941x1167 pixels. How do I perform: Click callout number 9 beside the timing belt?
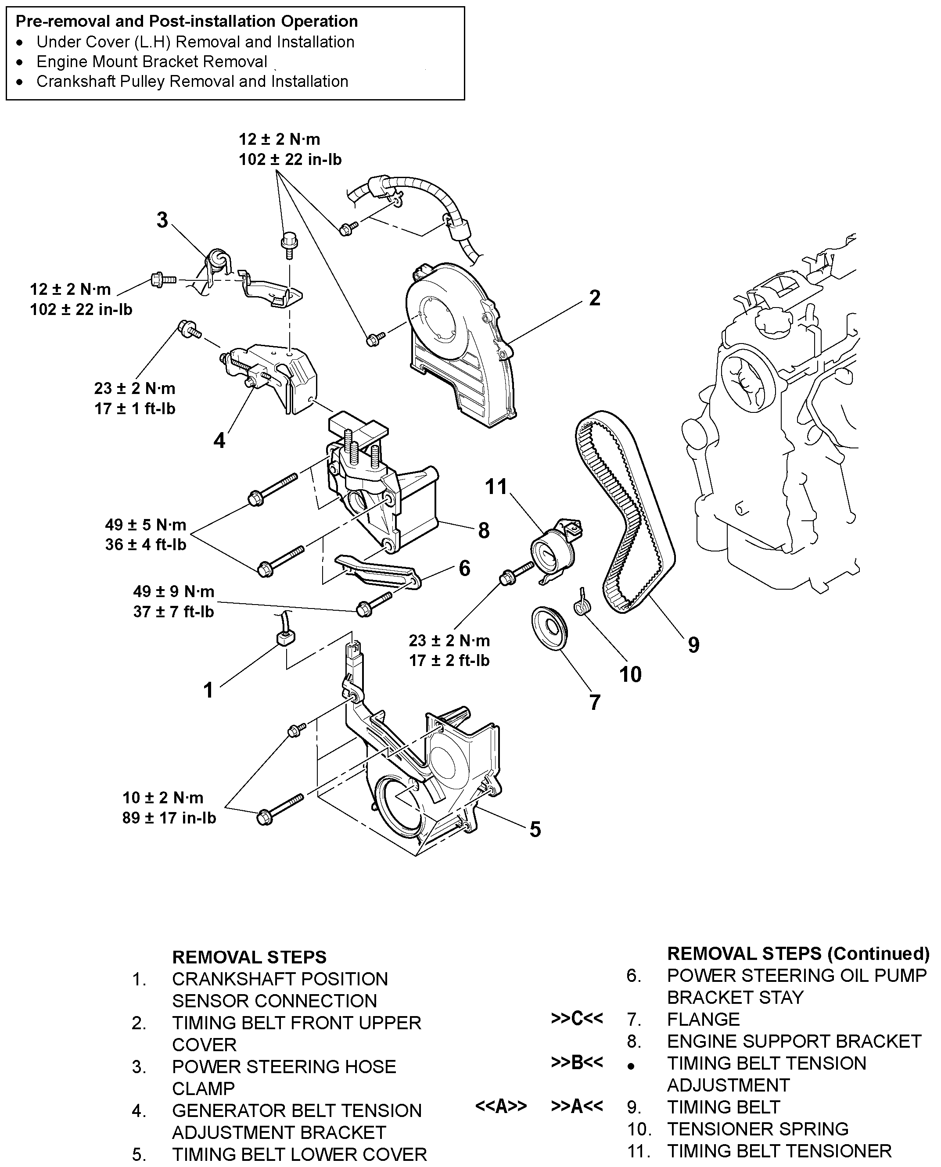[693, 645]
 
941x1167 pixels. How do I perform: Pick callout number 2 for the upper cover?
[595, 298]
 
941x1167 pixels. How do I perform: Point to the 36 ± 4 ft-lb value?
[145, 544]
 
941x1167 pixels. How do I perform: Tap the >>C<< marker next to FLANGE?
[577, 1019]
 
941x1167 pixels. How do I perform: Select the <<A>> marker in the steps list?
[501, 1106]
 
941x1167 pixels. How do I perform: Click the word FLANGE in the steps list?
[703, 1020]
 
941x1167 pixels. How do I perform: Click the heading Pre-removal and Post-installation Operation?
[187, 21]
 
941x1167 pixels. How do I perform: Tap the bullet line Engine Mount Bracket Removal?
[152, 62]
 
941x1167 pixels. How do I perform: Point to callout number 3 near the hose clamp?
[162, 220]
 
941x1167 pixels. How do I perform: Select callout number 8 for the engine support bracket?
[484, 530]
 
